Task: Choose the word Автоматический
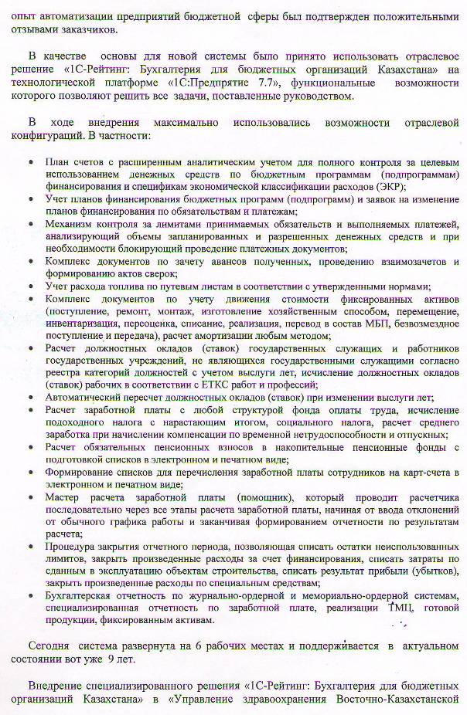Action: coord(85,398)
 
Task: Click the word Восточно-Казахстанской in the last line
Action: coord(400,700)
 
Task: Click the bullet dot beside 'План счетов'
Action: coord(29,164)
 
